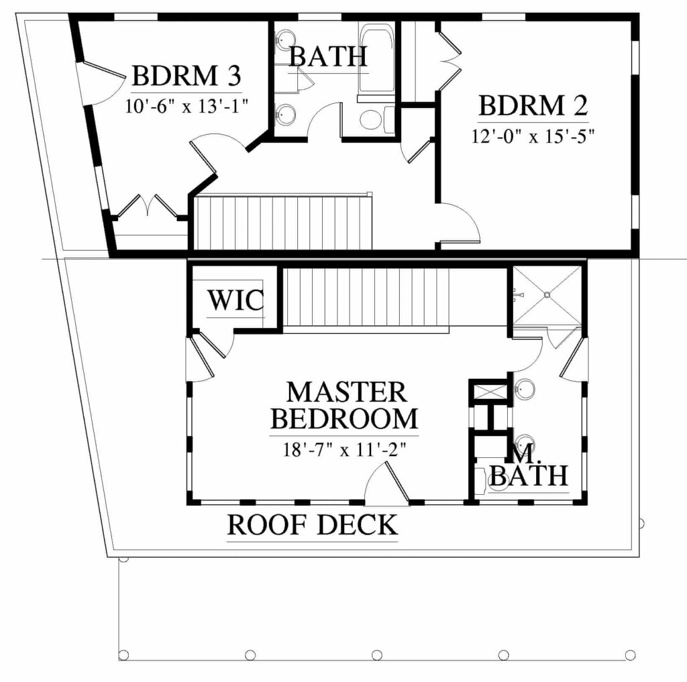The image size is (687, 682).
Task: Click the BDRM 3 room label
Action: click(x=187, y=76)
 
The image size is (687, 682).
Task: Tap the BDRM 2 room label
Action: click(x=533, y=105)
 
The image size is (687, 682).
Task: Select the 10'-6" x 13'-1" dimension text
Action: click(x=187, y=106)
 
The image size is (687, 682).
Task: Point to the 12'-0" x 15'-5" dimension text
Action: click(x=533, y=136)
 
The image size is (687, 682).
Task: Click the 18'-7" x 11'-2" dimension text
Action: click(x=344, y=449)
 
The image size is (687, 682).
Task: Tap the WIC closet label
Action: click(x=235, y=300)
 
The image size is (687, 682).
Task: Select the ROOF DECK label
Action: click(x=313, y=525)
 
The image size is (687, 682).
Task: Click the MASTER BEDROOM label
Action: click(x=344, y=405)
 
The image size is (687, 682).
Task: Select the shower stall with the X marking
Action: click(x=547, y=295)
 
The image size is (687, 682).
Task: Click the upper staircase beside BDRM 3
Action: click(x=283, y=222)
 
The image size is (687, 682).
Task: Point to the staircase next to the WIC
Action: click(x=366, y=298)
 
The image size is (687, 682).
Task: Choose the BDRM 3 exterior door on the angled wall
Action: click(x=102, y=84)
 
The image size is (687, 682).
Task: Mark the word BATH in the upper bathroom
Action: click(x=328, y=56)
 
